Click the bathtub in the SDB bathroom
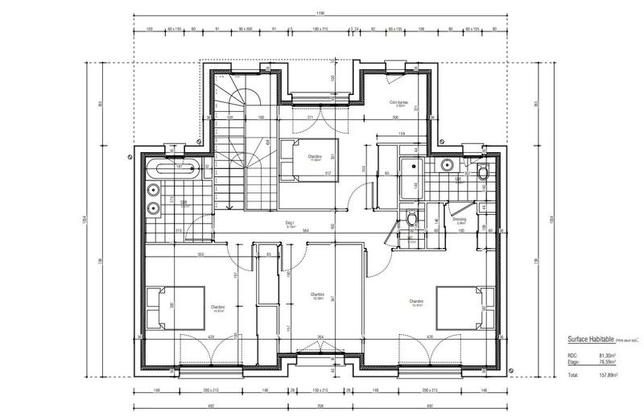(170, 169)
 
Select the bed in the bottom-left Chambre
(175, 308)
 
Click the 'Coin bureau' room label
(398, 103)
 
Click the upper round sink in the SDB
(153, 190)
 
